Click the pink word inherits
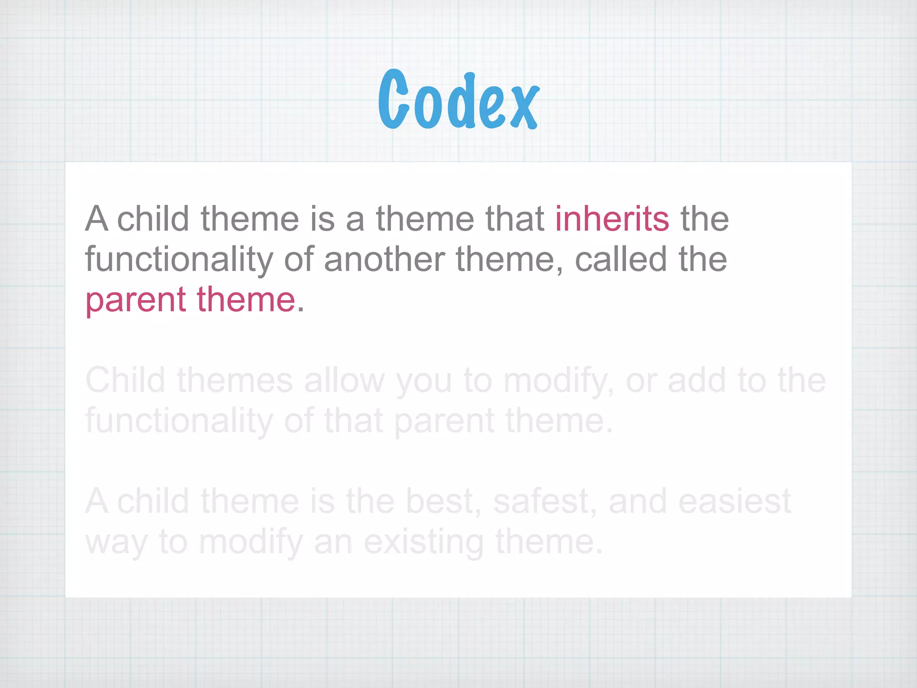pos(612,219)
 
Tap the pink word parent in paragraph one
pos(135,300)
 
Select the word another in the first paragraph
pos(384,260)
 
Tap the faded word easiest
pos(734,502)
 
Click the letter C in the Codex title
pos(394,99)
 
